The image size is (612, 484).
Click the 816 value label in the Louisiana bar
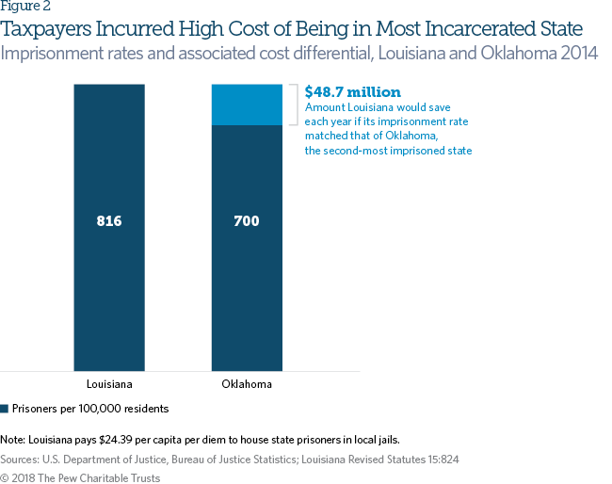click(109, 222)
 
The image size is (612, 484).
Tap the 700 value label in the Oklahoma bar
click(247, 222)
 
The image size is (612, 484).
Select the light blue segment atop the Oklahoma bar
click(247, 105)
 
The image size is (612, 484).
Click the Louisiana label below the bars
click(109, 384)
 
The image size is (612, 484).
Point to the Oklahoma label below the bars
click(247, 384)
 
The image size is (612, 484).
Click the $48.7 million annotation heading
click(353, 92)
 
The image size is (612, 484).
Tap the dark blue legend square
click(5, 409)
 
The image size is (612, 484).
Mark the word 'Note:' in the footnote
click(13, 440)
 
